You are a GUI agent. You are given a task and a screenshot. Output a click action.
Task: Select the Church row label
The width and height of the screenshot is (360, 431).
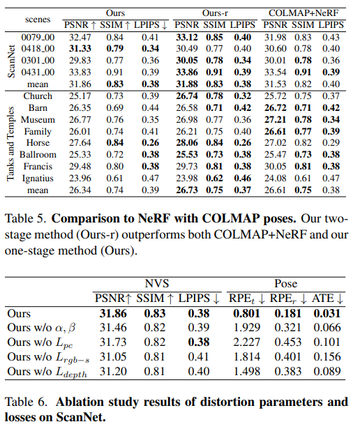click(38, 96)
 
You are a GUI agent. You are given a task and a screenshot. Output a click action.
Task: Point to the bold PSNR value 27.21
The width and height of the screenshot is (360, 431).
click(276, 119)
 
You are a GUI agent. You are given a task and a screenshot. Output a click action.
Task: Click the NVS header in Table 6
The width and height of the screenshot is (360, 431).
click(157, 285)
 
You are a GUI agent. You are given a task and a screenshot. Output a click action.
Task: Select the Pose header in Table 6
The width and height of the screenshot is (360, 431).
click(285, 285)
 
